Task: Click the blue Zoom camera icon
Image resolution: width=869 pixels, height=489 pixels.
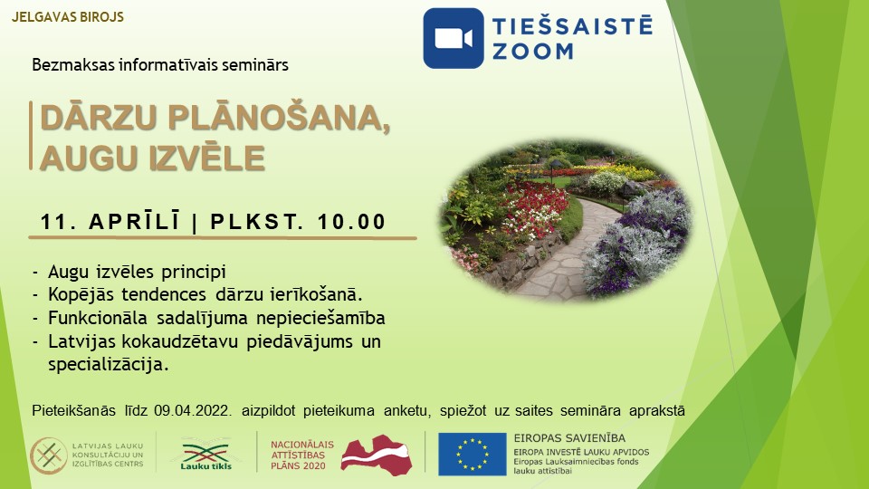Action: (x=454, y=38)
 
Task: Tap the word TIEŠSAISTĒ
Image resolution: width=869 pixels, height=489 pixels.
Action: (x=572, y=25)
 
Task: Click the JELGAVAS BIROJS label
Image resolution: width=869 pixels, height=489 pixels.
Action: (x=68, y=17)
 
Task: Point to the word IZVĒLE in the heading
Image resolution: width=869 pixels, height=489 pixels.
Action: (x=206, y=158)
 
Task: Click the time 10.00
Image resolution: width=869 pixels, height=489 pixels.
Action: (x=351, y=222)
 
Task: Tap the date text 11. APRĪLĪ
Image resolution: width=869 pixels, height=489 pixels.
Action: (x=110, y=221)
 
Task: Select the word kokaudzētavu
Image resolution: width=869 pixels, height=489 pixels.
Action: (x=180, y=341)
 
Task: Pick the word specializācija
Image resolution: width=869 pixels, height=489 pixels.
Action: (x=108, y=365)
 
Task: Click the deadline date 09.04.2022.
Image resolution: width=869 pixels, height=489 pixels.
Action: (x=192, y=411)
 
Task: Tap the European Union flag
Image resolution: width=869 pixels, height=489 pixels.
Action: (x=473, y=454)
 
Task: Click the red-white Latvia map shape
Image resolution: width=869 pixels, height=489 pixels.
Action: (x=377, y=455)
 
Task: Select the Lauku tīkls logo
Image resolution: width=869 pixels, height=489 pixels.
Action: (x=206, y=455)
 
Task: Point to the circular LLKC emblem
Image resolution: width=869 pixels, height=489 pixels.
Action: (x=48, y=455)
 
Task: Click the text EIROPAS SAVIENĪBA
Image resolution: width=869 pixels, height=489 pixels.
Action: (x=569, y=438)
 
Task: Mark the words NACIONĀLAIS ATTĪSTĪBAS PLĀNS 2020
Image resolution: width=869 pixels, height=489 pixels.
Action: (x=302, y=455)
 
